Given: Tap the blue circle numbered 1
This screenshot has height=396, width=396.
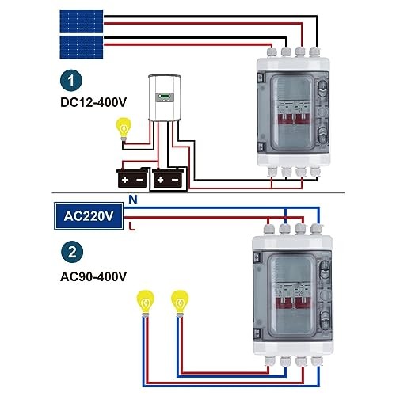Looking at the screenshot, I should point(72,81).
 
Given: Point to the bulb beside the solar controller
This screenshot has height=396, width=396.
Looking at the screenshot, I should point(124,127).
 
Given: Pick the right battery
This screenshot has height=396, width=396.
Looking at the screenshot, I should point(171,178).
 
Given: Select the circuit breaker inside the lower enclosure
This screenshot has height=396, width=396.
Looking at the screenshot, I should point(289,297).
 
